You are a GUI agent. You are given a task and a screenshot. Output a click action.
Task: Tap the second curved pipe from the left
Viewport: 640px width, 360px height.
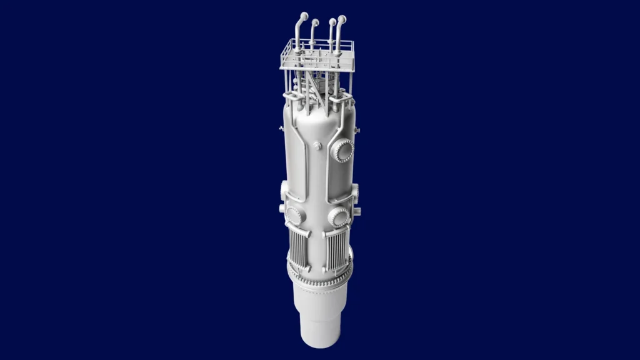pyautogui.click(x=314, y=23)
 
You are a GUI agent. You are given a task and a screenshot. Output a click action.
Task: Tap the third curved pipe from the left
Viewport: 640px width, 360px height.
pyautogui.click(x=332, y=23)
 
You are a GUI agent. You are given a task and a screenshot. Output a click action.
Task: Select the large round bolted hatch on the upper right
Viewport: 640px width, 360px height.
pyautogui.click(x=342, y=151)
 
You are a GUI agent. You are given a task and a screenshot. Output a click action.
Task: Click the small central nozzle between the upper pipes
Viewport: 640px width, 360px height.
pyautogui.click(x=317, y=146)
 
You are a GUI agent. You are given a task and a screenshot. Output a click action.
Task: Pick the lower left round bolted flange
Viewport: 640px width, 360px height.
pyautogui.click(x=294, y=216)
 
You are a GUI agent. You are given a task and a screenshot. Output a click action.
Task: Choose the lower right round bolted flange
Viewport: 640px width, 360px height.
pyautogui.click(x=338, y=217)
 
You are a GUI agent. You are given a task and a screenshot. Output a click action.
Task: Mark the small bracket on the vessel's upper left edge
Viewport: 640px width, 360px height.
pyautogui.click(x=281, y=129)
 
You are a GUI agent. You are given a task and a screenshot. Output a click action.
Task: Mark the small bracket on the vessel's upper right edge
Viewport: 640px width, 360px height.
pyautogui.click(x=358, y=129)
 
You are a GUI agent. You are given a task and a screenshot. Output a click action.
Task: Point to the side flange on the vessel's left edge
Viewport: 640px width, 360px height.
pyautogui.click(x=284, y=189)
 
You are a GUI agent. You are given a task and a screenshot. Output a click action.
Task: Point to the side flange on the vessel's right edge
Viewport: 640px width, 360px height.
pyautogui.click(x=356, y=191)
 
